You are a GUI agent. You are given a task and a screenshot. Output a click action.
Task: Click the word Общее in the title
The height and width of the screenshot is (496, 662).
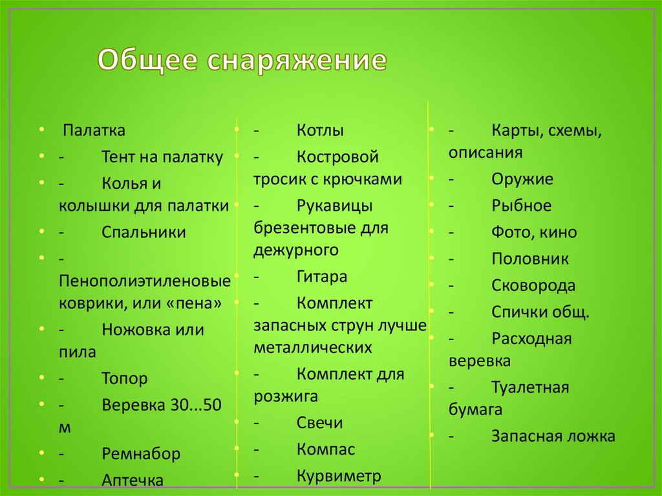(149, 61)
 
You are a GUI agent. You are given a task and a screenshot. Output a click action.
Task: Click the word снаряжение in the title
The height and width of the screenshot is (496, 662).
(297, 61)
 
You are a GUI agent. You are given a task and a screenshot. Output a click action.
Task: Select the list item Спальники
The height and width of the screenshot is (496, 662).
(144, 233)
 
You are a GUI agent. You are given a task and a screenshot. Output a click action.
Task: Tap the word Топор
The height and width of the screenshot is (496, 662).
(125, 378)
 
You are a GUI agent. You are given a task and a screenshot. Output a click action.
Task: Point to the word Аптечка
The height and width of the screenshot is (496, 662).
(133, 480)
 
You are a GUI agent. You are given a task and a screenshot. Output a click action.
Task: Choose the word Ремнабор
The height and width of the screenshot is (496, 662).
(141, 453)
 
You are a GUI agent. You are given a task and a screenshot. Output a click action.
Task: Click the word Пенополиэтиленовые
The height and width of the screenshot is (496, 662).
(145, 282)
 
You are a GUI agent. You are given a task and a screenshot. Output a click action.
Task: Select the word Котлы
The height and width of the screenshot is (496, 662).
(320, 130)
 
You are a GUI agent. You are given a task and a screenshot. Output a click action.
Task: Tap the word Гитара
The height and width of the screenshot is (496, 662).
(322, 277)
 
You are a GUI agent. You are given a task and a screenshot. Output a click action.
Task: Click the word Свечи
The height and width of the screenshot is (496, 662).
(319, 423)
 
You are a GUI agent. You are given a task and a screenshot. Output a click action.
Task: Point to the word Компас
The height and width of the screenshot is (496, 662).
(326, 449)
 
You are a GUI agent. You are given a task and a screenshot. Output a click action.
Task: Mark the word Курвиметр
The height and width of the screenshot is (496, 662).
(339, 477)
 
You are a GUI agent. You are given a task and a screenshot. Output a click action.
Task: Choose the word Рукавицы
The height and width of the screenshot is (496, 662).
(334, 206)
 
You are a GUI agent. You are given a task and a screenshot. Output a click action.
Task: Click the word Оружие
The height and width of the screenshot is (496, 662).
(522, 179)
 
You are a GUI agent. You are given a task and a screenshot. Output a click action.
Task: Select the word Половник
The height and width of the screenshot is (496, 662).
(529, 259)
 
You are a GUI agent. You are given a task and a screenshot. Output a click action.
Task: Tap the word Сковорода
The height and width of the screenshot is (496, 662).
(533, 286)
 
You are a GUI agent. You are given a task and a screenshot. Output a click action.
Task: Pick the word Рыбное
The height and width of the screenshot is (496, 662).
(521, 206)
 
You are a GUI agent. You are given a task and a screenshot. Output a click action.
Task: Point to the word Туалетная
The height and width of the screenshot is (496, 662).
(529, 388)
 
